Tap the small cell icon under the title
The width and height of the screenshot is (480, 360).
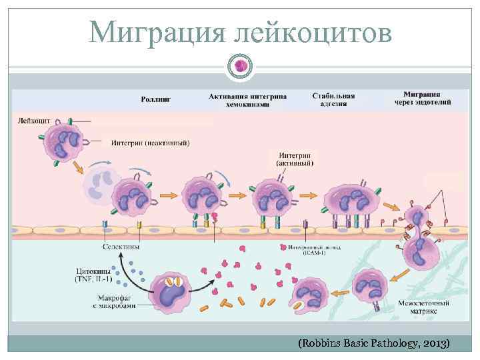coord(240,65)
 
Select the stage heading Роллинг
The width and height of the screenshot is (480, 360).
coord(156,99)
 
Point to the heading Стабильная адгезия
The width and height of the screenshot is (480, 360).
coord(333,101)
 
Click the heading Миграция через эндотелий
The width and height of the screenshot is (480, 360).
coord(427,98)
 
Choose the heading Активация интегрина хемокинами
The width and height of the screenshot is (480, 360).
coord(248,101)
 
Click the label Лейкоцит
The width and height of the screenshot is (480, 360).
coord(33,121)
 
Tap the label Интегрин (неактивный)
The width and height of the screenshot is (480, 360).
coord(151,142)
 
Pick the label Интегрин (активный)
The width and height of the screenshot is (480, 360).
coord(292,157)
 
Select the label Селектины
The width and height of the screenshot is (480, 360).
coord(121,247)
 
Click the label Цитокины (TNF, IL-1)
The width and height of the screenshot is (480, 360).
coord(93,275)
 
